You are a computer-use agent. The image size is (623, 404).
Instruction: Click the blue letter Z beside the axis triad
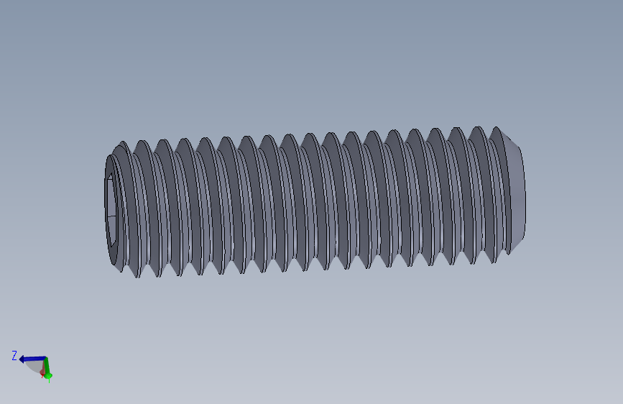point(14,355)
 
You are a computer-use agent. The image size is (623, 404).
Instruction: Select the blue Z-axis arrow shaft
point(34,358)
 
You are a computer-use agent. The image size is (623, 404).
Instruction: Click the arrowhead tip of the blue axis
point(22,359)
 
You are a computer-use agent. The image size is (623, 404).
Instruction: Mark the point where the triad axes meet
point(45,358)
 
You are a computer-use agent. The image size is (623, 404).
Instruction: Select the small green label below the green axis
point(48,379)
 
